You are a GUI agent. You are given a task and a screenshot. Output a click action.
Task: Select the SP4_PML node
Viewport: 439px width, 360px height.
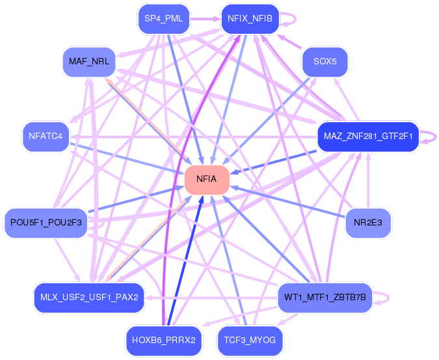[x=164, y=19]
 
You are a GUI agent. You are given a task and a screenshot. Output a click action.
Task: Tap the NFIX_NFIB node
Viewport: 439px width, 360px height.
[x=250, y=19]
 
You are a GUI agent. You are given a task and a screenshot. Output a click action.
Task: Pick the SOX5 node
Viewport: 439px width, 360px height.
[x=325, y=62]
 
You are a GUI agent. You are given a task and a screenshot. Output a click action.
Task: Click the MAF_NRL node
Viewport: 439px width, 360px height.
[x=89, y=62]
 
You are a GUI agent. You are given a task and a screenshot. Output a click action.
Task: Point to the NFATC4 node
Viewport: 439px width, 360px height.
[x=46, y=136]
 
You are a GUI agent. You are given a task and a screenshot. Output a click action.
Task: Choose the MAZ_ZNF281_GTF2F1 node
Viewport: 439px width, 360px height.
[x=368, y=136]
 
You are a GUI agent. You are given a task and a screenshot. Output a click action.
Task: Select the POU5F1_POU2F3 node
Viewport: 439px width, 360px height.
[x=46, y=223]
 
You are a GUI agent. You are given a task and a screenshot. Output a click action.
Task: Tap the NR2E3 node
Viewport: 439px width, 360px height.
[x=368, y=223]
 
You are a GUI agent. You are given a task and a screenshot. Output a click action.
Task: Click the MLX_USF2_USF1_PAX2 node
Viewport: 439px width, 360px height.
[x=89, y=298]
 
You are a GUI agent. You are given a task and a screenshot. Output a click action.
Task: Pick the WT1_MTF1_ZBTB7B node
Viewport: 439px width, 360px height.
[x=325, y=298]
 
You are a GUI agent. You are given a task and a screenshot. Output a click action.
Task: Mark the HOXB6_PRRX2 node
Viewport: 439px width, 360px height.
[x=164, y=341]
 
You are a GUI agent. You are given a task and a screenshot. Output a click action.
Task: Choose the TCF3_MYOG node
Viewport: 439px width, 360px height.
[x=250, y=341]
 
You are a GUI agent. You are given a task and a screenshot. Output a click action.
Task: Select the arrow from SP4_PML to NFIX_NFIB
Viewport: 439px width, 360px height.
[x=206, y=19]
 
